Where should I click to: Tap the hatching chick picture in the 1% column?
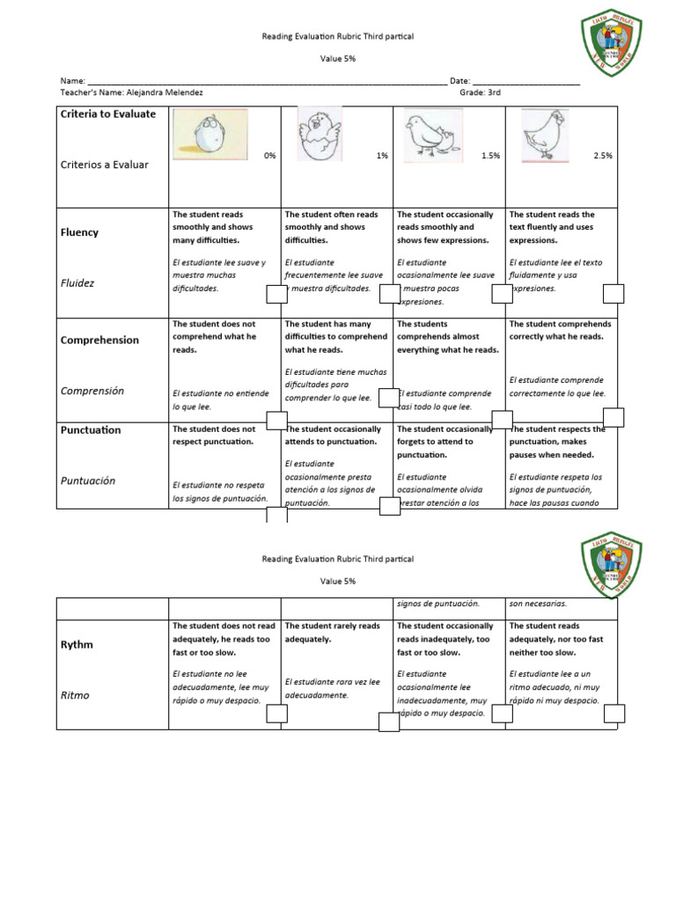coord(318,135)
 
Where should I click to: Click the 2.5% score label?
coord(602,156)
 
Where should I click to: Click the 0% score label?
coord(269,156)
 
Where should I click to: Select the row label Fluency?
coord(79,232)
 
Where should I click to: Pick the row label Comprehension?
coord(99,340)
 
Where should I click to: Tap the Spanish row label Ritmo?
coord(75,695)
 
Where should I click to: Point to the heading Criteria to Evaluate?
coord(107,114)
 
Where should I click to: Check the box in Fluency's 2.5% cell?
coord(613,293)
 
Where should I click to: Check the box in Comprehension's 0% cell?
coord(276,421)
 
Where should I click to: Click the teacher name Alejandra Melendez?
coord(164,92)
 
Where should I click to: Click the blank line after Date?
coord(528,80)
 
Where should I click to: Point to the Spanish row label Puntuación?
coord(87,480)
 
